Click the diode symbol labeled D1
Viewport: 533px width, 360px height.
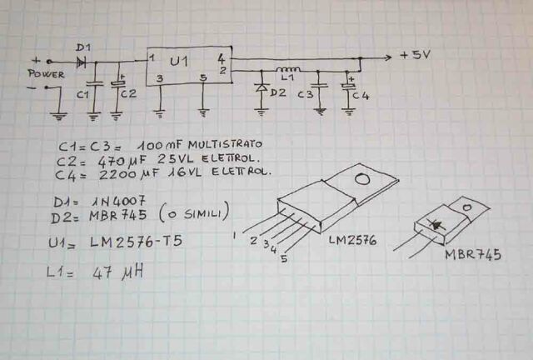[81, 60]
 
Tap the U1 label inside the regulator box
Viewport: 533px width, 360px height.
[179, 62]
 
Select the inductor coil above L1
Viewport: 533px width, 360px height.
[287, 68]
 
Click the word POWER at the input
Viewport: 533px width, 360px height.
[46, 74]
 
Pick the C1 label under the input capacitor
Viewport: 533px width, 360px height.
[82, 94]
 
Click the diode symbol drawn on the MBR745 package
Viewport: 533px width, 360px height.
[440, 222]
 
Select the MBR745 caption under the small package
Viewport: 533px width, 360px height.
[473, 255]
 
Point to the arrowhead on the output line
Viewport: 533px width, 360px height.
[387, 57]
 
